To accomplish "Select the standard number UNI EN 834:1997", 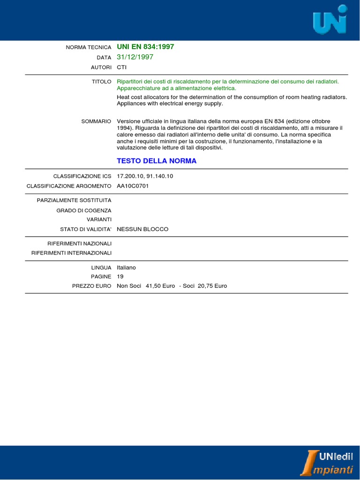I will tap(145, 47).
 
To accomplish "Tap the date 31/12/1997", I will tap(135, 57).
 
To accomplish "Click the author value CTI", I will tap(122, 67).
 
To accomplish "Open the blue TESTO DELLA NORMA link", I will tap(157, 161).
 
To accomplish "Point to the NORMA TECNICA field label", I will tap(89, 47).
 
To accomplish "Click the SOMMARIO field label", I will tap(96, 121).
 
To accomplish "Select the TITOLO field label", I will tap(101, 82).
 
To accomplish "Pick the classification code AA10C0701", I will tap(133, 186).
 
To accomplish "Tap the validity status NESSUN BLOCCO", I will tap(142, 229).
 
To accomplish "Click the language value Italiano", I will tap(126, 267).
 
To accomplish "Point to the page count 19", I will tap(120, 277).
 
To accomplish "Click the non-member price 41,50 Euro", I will tap(160, 285).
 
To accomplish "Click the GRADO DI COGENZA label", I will tap(84, 210).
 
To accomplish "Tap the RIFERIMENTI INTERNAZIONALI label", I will tap(71, 253).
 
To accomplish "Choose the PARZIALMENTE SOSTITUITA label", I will tap(74, 201).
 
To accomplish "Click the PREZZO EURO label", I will tap(91, 285).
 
